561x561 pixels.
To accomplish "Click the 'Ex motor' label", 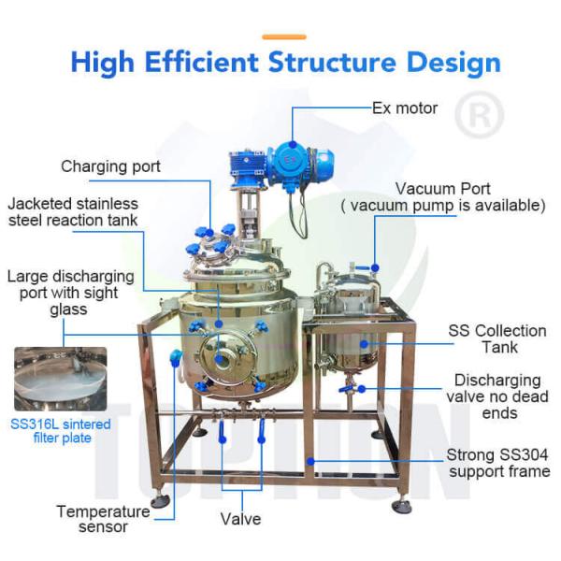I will point(405,108).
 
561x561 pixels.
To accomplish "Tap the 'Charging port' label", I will point(110,166).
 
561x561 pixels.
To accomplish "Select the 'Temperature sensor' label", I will point(103,519).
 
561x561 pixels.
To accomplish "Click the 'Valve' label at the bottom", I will point(240,518).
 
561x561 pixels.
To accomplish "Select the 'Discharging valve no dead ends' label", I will point(497,396).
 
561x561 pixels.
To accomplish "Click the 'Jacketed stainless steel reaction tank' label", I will point(73,211).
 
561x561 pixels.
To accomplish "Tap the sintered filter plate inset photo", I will point(60,379).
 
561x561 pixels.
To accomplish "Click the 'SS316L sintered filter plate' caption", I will point(61,431).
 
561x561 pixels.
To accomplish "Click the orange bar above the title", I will point(284,36).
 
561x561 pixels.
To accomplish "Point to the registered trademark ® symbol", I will point(479,115).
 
